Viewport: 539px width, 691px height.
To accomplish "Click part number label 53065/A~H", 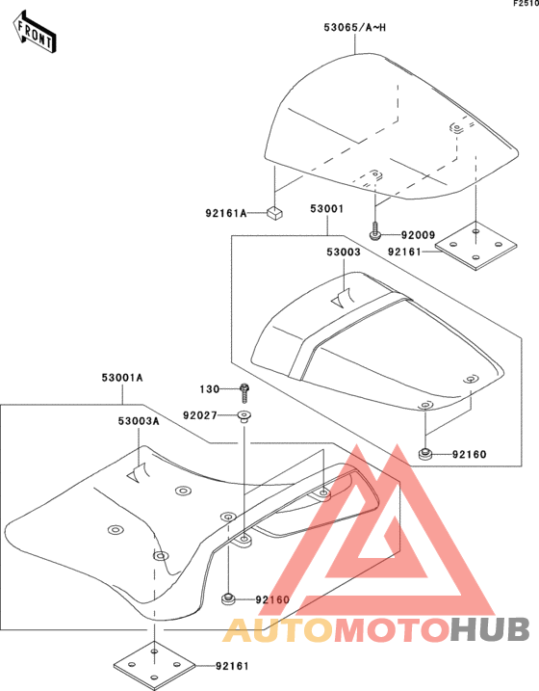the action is coord(354,27).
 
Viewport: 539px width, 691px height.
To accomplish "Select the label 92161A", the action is coord(226,213).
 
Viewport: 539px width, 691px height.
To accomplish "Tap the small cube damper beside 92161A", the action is coord(274,213).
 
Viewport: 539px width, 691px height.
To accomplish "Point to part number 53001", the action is coord(326,209).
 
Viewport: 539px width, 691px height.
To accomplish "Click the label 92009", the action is coord(418,235).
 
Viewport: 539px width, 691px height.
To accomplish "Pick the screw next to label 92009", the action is coord(374,231).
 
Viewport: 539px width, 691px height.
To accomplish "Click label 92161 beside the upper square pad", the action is coord(404,252).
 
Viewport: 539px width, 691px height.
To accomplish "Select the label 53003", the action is coord(344,252).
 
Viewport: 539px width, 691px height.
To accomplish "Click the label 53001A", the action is coord(122,378).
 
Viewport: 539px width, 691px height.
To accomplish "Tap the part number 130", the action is coord(210,389).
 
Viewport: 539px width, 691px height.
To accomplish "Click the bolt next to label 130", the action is coord(244,393).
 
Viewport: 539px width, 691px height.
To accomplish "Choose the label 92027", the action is coord(200,415).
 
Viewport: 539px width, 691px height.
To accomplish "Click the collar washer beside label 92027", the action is coord(244,416).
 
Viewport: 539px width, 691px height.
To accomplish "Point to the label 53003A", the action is coord(139,421).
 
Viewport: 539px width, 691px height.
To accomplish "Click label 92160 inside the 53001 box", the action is coord(469,454).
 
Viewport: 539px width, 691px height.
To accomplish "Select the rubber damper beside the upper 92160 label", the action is coord(425,454).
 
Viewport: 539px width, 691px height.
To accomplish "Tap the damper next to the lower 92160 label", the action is coord(227,599).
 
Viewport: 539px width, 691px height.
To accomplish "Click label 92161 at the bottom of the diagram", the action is coord(232,666).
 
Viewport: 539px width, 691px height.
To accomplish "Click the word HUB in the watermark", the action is coord(490,629).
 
